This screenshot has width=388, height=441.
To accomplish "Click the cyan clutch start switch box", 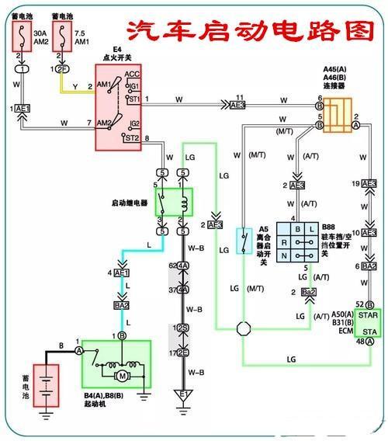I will tap(244, 241).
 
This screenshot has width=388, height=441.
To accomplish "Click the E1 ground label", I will tap(183, 395).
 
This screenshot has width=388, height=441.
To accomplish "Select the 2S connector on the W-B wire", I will tap(183, 328).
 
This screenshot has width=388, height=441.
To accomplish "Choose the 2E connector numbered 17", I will tap(183, 353).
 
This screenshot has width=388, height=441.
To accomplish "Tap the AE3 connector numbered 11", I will tap(237, 103).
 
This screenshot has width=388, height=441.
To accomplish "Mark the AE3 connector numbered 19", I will tap(369, 184).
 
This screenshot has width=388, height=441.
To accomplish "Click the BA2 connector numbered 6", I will tap(369, 266).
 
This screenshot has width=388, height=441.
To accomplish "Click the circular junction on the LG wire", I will tap(244, 329).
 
